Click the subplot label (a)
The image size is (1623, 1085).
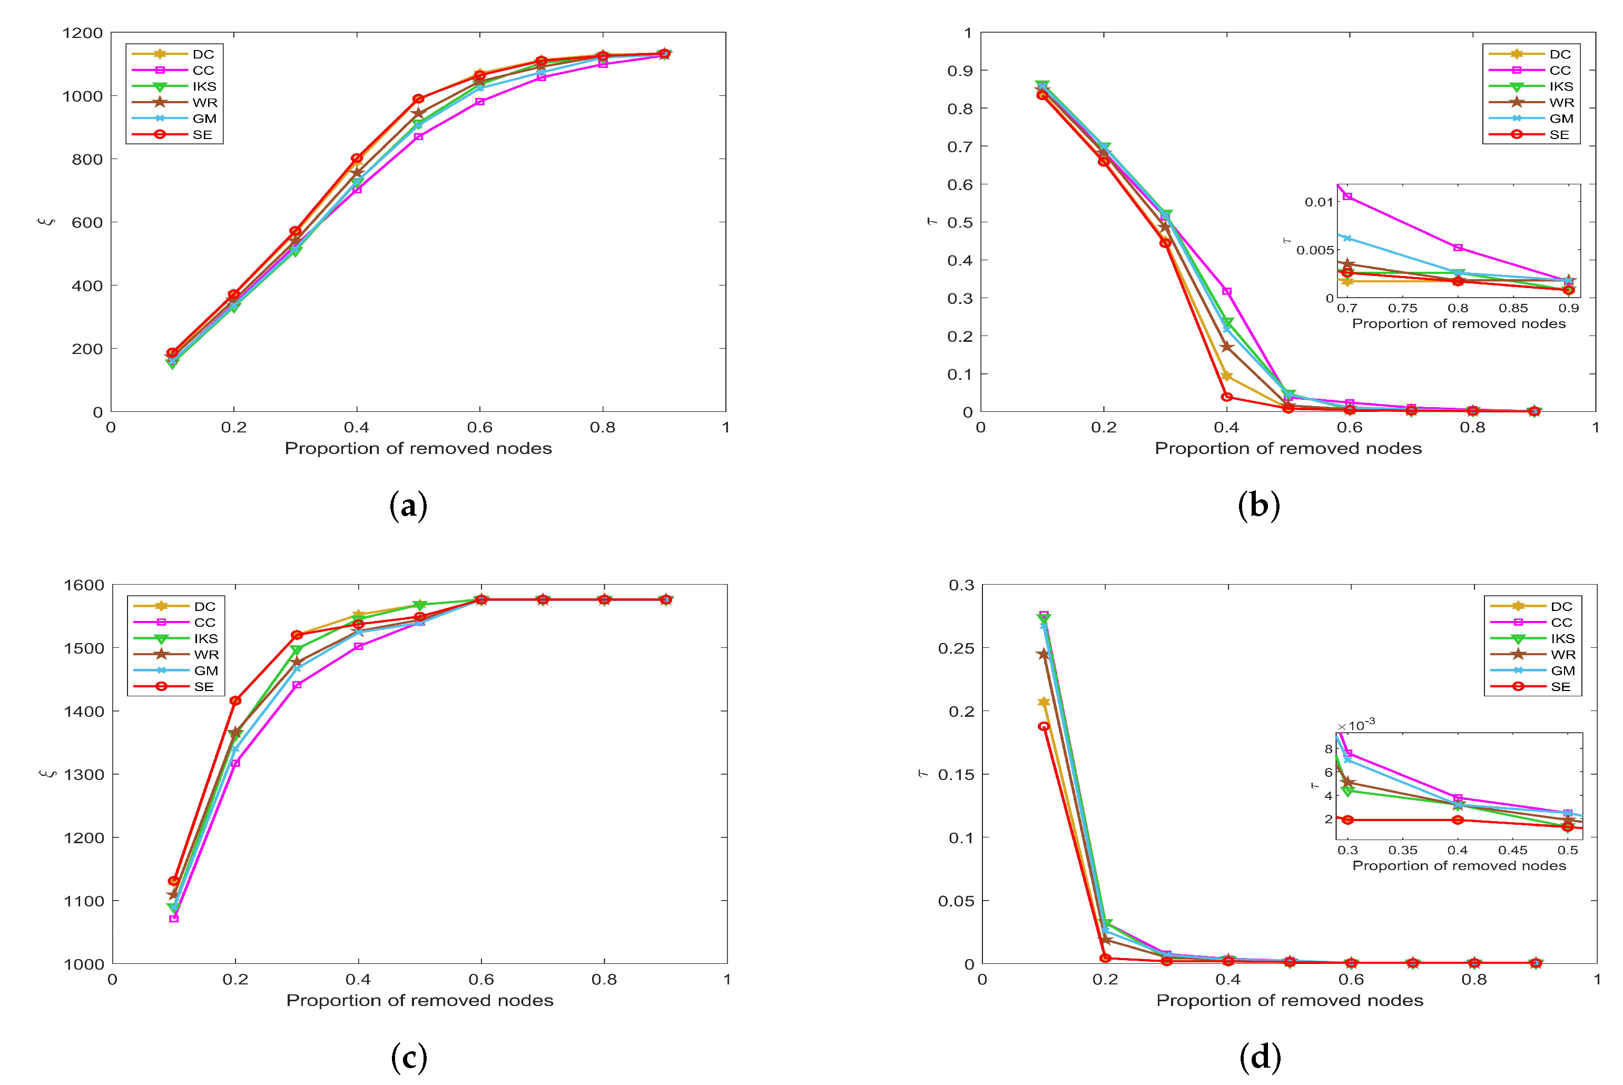click(x=408, y=506)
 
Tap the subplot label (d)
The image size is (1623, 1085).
click(x=1260, y=1057)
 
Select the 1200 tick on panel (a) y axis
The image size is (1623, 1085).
click(x=82, y=33)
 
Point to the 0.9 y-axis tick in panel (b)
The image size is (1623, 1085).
click(x=959, y=71)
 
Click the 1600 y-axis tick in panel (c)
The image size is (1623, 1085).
click(x=83, y=585)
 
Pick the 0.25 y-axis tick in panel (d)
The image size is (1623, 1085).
click(x=955, y=648)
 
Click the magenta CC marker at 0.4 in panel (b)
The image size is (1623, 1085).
click(x=1227, y=291)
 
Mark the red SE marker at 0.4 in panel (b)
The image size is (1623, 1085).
click(x=1227, y=397)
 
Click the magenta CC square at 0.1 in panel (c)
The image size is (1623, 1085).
click(x=174, y=918)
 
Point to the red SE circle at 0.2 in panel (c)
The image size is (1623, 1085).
click(x=235, y=701)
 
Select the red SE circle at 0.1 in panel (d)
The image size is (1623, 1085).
click(x=1044, y=726)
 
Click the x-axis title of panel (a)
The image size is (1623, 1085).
click(x=418, y=448)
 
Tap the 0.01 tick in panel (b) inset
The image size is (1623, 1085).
click(x=1318, y=202)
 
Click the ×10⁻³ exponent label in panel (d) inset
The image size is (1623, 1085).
click(x=1356, y=725)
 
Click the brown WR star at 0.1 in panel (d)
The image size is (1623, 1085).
click(x=1044, y=654)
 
